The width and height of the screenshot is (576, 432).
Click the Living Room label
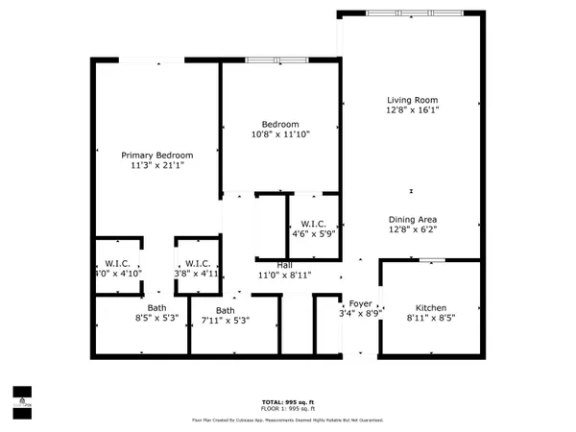412,100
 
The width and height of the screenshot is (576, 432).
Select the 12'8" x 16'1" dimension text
412,111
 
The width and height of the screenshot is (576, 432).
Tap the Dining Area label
412,219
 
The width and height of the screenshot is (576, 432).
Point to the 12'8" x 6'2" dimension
412,230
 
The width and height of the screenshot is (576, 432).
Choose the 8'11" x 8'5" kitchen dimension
430,318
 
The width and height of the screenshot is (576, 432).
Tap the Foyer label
360,303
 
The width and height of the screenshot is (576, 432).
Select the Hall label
285,265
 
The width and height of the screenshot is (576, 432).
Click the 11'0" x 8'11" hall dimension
285,276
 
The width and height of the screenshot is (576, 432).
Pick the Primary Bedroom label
156,155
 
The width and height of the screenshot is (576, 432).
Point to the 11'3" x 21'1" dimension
156,166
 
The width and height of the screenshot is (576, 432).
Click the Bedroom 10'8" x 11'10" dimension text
281,135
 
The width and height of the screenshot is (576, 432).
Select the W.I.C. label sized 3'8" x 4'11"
198,263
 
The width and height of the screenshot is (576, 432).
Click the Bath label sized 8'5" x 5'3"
156,308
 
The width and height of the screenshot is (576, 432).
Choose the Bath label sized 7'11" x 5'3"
225,310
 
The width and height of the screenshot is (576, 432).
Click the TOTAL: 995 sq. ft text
287,401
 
